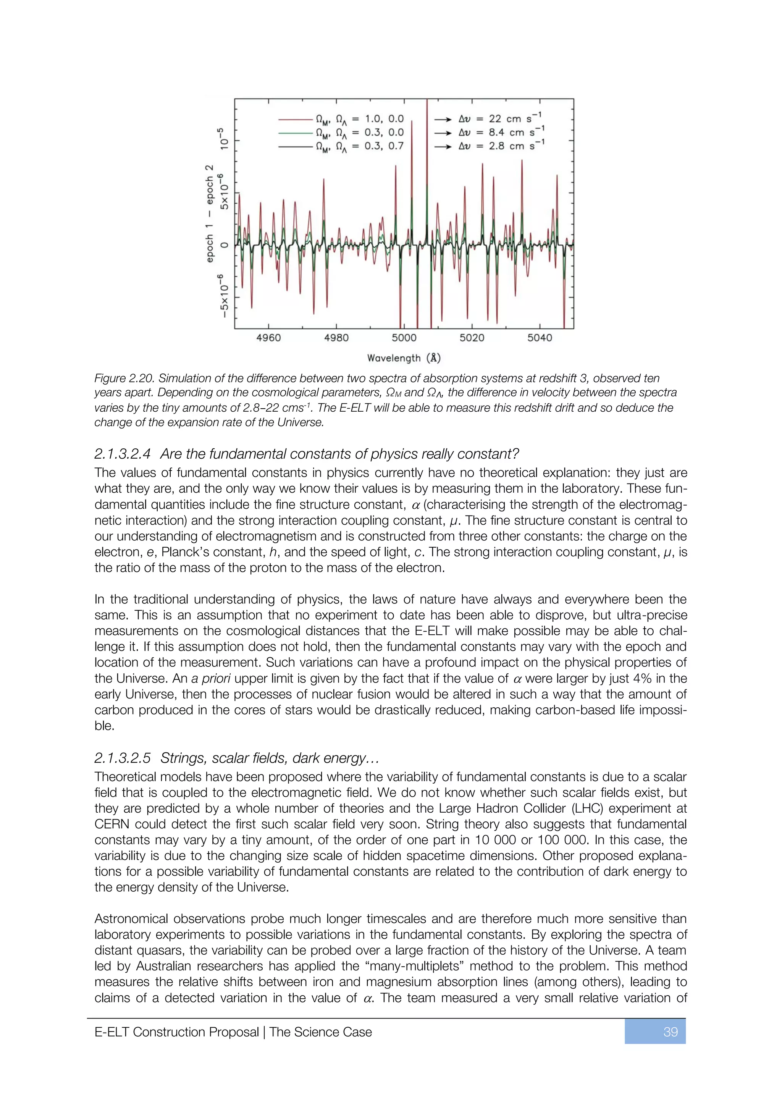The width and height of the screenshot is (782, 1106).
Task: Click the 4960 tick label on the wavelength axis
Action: (x=268, y=338)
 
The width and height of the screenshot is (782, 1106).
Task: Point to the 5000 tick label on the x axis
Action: (x=404, y=338)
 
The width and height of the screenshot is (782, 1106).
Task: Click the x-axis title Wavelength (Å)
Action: (x=404, y=358)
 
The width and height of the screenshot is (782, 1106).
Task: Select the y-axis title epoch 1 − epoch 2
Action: (x=210, y=213)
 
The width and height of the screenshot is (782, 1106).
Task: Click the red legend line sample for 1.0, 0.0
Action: (x=295, y=119)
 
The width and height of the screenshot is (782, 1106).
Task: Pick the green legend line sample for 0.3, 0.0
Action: (x=295, y=133)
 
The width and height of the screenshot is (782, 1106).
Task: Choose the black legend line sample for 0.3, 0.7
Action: (x=295, y=146)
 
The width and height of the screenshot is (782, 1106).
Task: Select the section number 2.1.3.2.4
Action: (x=122, y=454)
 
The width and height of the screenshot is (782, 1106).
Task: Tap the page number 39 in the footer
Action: (x=670, y=1032)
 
